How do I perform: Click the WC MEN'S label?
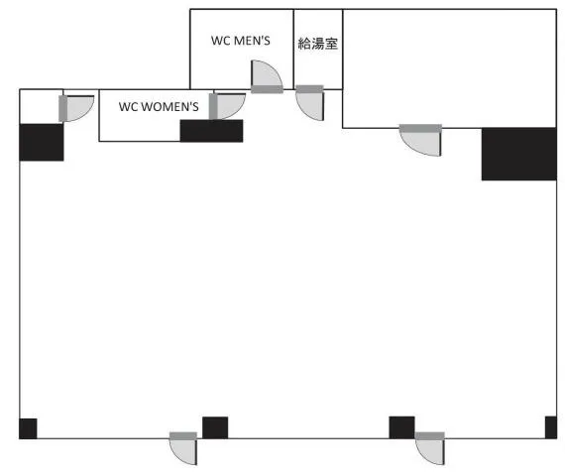click(x=240, y=41)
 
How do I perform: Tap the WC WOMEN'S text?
click(x=159, y=107)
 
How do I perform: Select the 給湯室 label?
click(x=318, y=44)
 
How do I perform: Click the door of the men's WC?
click(x=267, y=76)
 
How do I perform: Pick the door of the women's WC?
click(x=227, y=106)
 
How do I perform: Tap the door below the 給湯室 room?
click(x=310, y=103)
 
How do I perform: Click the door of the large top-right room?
click(x=420, y=140)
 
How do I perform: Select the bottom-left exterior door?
click(x=183, y=448)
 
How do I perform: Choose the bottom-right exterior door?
click(x=430, y=448)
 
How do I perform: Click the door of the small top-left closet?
click(x=76, y=108)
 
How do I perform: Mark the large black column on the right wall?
click(x=518, y=154)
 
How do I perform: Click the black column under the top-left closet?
click(x=42, y=143)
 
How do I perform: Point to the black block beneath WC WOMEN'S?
click(x=211, y=131)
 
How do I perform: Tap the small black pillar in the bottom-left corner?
click(x=28, y=428)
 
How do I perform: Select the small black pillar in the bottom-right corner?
click(x=551, y=427)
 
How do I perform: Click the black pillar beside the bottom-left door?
click(x=215, y=427)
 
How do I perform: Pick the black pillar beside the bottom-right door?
click(x=401, y=427)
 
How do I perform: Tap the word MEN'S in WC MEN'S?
click(x=252, y=41)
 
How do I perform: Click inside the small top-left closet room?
click(x=41, y=107)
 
